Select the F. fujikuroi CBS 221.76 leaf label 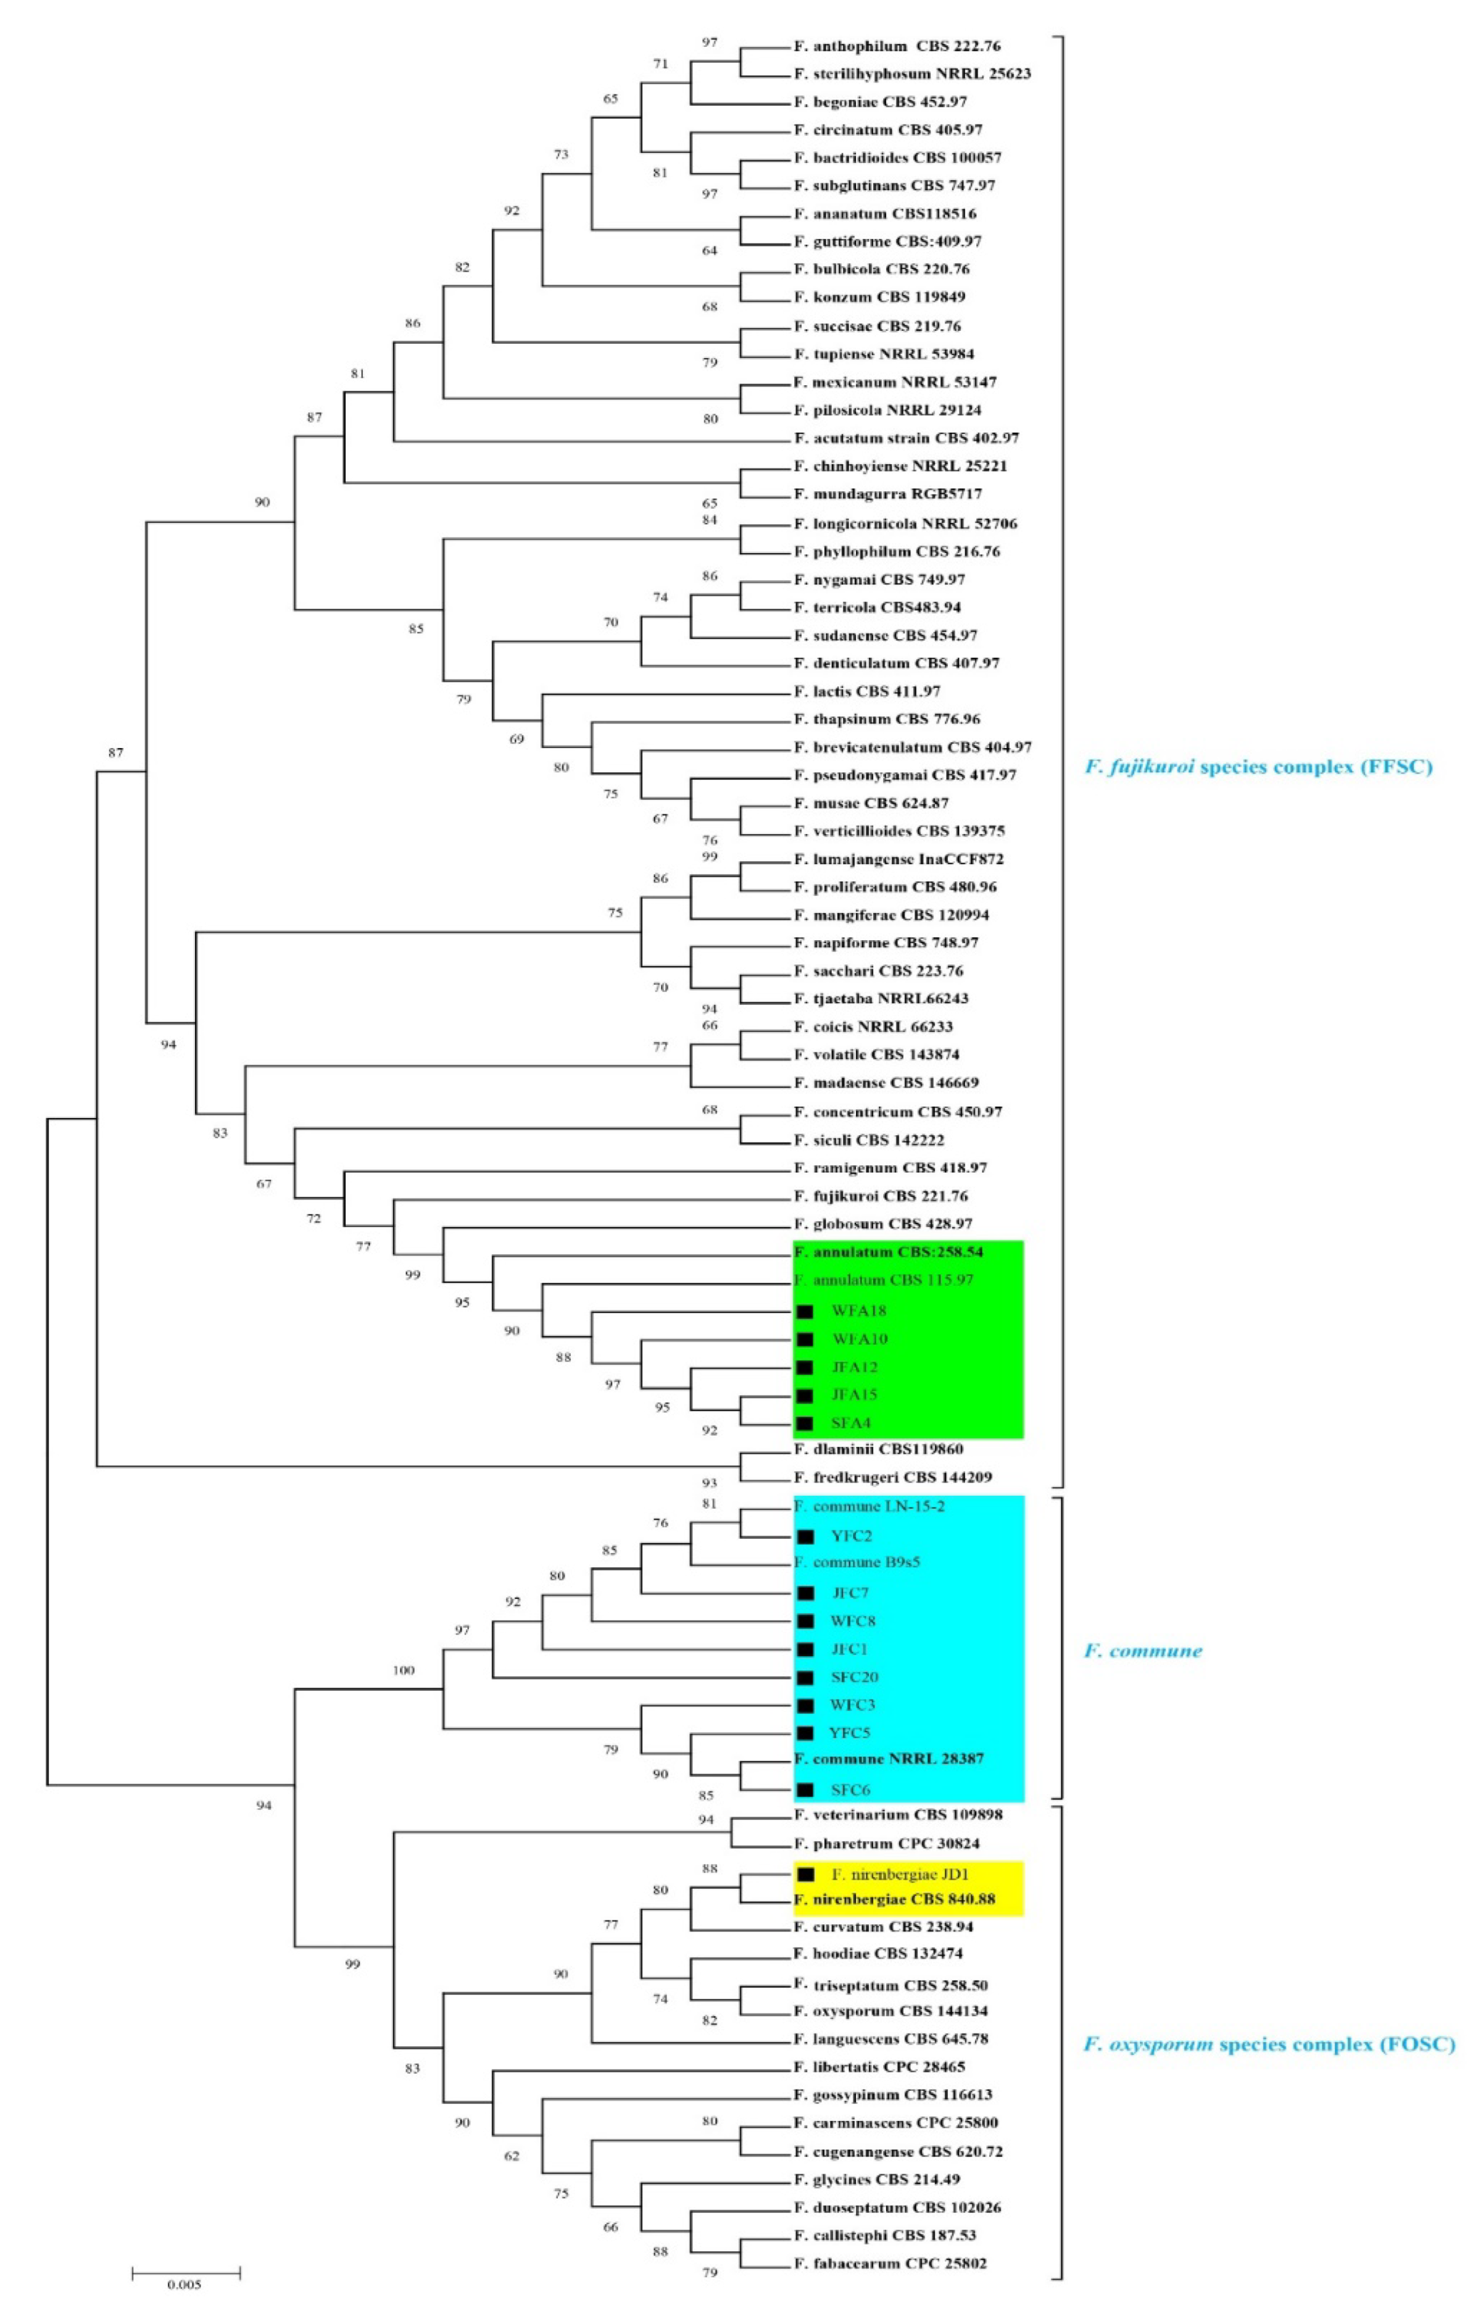click(x=881, y=1196)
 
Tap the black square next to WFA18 click(x=805, y=1311)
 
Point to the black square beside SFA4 click(x=805, y=1423)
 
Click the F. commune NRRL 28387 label click(x=888, y=1759)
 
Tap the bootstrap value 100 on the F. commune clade click(x=404, y=1670)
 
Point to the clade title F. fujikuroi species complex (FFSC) click(x=1258, y=767)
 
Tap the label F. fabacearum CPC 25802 click(x=890, y=2263)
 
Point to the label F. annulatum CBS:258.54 click(x=888, y=1252)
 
